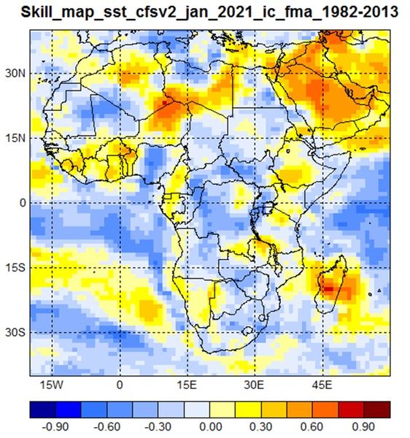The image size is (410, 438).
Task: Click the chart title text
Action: coord(209,12)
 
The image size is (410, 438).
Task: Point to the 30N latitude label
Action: coord(15,74)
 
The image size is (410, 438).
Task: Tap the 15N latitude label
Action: coord(15,138)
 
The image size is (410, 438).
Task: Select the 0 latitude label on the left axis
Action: coord(23,203)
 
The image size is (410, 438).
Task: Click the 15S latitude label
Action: coord(15,268)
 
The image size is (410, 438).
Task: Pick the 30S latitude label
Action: coord(15,333)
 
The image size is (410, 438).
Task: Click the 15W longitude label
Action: coord(52,385)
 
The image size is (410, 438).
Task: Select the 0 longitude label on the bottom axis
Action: coord(120,385)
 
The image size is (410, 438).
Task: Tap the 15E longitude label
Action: coord(187,385)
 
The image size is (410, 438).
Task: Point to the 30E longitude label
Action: coord(254,385)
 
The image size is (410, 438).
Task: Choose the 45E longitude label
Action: coord(322,385)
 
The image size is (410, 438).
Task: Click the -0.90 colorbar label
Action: coord(55,427)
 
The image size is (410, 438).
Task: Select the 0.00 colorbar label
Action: coord(211,427)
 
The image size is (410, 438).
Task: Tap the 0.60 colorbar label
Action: coord(312,427)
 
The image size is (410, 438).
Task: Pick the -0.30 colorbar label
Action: coord(158,427)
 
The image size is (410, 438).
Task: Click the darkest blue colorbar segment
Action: coord(43,410)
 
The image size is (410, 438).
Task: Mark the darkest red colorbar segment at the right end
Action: coord(377,410)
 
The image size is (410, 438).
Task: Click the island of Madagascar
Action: coord(331,283)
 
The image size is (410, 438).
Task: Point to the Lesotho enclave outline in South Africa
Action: coord(247,331)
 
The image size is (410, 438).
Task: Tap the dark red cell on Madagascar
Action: coord(328,289)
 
